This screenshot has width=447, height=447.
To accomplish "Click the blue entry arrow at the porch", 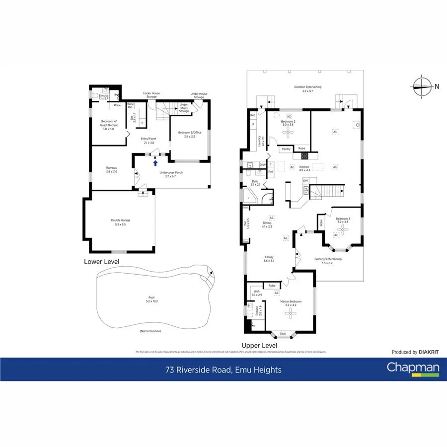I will point(155,162).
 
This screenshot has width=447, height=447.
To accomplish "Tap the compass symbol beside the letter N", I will point(422,86).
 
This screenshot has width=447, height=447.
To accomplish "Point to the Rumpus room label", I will point(112,169).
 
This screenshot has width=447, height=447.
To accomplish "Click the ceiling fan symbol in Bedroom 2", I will point(288,133).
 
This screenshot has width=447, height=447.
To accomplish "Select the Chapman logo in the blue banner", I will point(406,369).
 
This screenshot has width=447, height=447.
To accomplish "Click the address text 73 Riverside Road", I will point(223,370).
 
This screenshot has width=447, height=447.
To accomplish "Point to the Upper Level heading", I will point(259,345).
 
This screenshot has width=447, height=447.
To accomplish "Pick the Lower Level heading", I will point(101,261).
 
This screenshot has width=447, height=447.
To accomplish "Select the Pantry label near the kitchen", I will point(286,149).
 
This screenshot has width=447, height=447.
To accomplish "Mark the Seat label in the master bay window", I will point(283,333).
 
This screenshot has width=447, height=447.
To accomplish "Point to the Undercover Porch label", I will point(171,174).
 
